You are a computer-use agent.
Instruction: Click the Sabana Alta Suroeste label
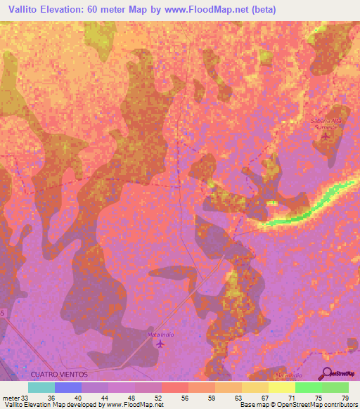point(325,124)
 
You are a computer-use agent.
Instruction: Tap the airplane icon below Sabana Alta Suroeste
point(325,135)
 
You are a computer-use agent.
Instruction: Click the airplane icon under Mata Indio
point(160,344)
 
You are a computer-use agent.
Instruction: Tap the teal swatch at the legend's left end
point(41,387)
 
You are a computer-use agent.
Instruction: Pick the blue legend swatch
point(67,387)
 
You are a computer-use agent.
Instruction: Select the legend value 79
point(344,397)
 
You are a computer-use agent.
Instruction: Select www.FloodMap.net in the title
point(212,10)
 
